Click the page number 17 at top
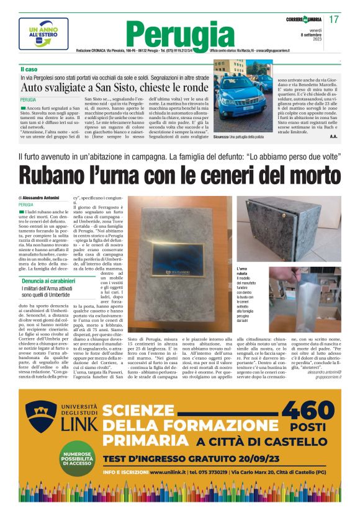(333, 19)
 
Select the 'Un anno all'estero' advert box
(43, 33)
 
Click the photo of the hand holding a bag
(305, 299)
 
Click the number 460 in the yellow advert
(308, 413)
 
